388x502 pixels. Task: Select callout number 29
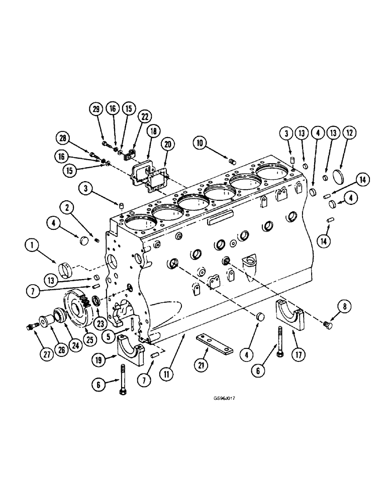[96, 108]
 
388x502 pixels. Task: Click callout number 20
[168, 145]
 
